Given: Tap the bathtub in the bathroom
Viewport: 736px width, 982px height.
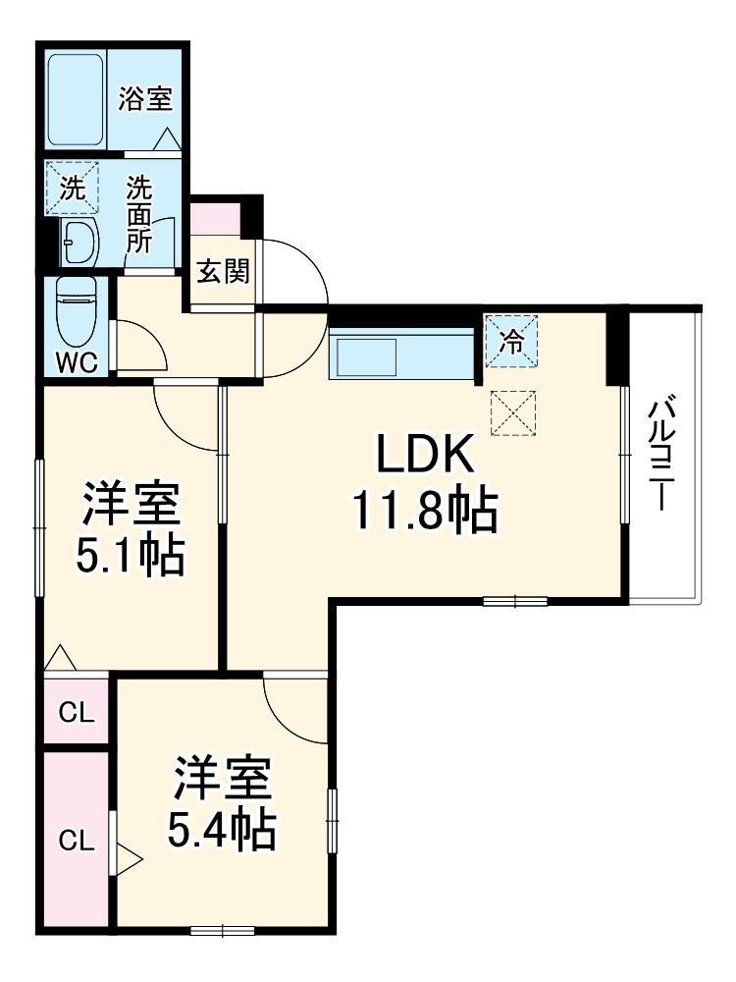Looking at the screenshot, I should (x=78, y=98).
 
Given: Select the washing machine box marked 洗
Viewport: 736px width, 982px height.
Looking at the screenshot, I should (x=73, y=187).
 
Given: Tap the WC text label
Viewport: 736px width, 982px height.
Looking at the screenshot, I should (x=76, y=361).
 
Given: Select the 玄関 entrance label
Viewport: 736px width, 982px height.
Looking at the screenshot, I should (x=222, y=272).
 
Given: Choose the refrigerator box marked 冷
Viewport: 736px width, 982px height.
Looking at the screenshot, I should (x=511, y=341).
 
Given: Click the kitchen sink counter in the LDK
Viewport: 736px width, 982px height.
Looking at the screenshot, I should (x=402, y=354).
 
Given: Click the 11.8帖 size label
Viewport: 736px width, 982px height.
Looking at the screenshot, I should (x=424, y=512).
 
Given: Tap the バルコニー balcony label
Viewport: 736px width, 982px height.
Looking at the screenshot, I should (x=665, y=452).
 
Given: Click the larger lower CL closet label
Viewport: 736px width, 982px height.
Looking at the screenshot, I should (x=76, y=840).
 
